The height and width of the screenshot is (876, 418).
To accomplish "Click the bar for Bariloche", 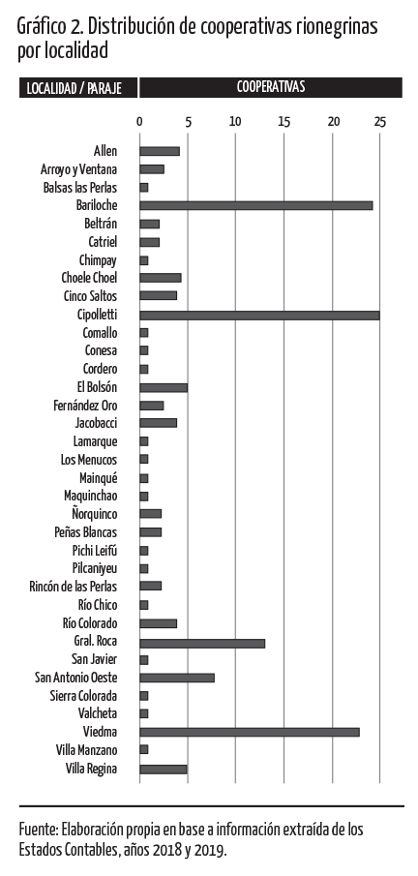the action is point(256,205).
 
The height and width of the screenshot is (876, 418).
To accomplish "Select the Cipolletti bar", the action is point(259,315).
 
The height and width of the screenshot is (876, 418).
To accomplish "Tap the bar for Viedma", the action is point(250,732).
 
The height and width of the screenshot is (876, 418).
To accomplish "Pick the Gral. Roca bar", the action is point(202,642).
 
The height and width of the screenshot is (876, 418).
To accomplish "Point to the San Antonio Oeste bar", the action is point(177,678).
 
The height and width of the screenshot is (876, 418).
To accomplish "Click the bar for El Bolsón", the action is point(164,387).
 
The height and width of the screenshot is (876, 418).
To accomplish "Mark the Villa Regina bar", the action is point(164,769).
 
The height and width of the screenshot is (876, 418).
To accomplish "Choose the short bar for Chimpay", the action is point(143,260).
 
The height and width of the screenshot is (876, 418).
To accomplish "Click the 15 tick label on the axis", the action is point(284,121).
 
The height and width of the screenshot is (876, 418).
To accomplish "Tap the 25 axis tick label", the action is point(380,121).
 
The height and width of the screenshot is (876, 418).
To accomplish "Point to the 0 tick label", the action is point(139,121).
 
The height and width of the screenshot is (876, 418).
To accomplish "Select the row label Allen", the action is point(105,151).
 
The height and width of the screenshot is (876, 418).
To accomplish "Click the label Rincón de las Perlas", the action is point(74,587).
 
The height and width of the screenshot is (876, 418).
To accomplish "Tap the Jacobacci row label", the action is point(96,423).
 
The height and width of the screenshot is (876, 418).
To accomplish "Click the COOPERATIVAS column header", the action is point(271,87).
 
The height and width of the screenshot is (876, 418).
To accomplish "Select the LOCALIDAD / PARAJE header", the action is point(74,88).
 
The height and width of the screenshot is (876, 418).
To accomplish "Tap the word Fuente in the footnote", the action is point(39,829).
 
